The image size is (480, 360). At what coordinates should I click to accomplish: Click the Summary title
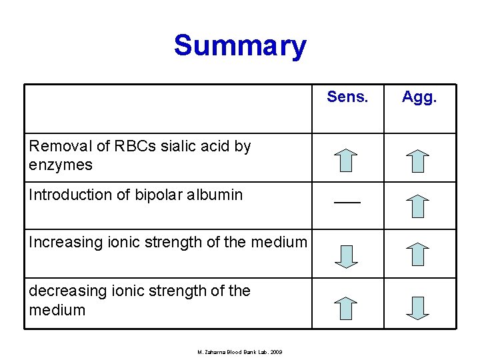click(240, 47)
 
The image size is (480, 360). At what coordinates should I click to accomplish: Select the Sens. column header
click(347, 97)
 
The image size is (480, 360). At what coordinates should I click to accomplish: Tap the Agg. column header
click(419, 97)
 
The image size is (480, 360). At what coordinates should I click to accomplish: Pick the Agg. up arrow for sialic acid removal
click(418, 161)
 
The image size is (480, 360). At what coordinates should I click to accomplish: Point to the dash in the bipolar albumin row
click(347, 201)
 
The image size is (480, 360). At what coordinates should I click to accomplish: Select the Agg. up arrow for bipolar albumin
click(418, 207)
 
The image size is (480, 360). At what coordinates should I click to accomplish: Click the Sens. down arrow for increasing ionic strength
click(345, 256)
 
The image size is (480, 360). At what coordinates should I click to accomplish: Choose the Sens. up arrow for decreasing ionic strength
click(345, 307)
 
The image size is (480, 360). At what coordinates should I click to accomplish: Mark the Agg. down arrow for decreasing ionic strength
click(418, 307)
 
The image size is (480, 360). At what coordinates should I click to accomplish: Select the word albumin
click(214, 195)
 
